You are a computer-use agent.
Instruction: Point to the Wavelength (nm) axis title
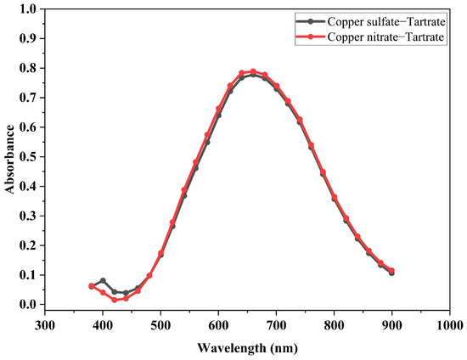[246, 346]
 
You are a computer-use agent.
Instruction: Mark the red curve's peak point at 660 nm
[253, 71]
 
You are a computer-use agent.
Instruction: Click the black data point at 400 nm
[103, 280]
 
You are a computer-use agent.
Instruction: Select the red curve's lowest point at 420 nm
[115, 300]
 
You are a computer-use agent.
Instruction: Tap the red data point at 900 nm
[391, 271]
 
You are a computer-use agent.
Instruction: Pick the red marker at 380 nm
[92, 286]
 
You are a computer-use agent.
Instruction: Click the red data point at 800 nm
[334, 197]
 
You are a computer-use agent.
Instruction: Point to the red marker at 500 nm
[160, 253]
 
